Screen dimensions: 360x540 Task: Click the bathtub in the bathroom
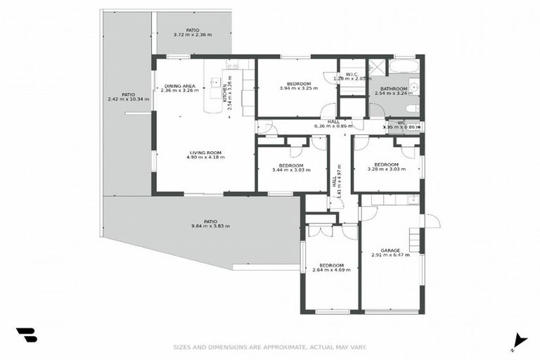[x=404, y=67]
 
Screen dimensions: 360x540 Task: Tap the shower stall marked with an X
[x=377, y=67]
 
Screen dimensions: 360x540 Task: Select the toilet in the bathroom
[x=413, y=108]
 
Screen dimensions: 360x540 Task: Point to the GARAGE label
[x=390, y=250]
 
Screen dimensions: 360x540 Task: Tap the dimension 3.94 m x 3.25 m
[x=298, y=89]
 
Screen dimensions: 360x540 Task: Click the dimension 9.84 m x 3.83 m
[x=210, y=226]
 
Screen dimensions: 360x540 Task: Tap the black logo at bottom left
[x=26, y=335]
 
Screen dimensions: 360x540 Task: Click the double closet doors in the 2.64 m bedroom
[x=321, y=231]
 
